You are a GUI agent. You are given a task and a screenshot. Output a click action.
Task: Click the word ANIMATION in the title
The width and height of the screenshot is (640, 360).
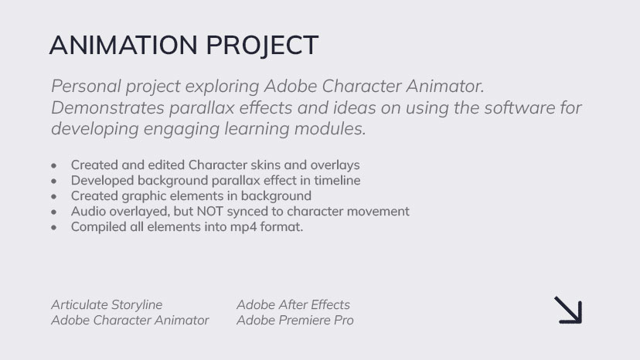123,45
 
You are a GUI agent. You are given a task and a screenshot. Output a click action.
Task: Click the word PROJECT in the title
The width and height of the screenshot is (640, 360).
262,46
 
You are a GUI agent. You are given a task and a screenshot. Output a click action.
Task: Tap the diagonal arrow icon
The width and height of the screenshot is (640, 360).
568,311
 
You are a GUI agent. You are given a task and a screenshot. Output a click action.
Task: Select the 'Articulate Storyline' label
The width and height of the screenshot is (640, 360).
107,305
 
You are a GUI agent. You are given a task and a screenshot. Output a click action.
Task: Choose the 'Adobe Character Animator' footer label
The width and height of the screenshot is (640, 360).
130,321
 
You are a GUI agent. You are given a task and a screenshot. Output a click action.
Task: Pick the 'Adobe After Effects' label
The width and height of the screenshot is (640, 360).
293,305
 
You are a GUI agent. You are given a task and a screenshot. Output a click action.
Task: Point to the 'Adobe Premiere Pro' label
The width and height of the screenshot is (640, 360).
294,321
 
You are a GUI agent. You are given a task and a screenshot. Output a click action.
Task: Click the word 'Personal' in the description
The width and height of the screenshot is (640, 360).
86,86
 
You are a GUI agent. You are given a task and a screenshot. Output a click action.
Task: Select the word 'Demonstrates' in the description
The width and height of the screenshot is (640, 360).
107,107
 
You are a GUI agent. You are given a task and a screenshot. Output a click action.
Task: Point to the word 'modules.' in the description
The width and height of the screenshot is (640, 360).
330,129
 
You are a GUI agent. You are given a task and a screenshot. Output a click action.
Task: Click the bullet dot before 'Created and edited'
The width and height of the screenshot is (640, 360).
54,166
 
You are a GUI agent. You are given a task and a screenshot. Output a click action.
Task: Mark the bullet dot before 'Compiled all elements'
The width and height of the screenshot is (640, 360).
54,227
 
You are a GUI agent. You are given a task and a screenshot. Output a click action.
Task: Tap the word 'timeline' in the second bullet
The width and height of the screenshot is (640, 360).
337,181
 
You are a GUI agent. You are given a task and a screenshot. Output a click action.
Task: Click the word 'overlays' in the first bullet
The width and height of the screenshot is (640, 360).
335,165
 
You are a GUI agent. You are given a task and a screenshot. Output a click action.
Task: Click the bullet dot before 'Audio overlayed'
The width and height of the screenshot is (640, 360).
54,212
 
